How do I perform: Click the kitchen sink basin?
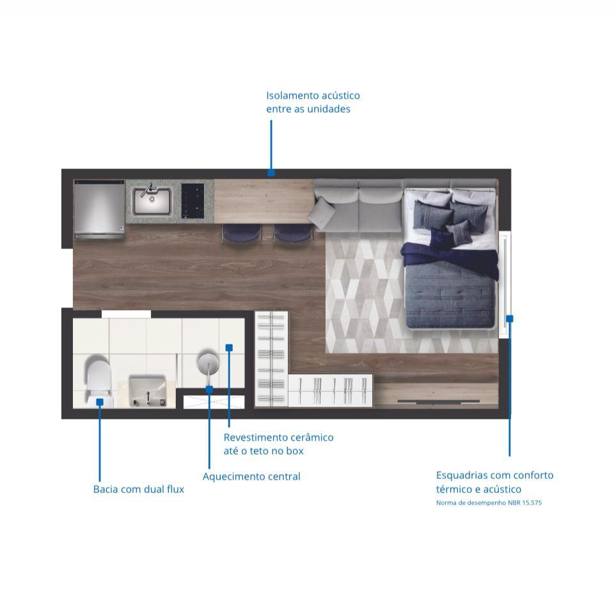152,201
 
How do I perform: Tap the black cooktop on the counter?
193,200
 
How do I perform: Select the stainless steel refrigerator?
99,209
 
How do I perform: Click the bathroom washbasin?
148,391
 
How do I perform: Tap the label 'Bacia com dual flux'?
139,489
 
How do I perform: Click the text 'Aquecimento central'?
251,476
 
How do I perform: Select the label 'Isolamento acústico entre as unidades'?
313,102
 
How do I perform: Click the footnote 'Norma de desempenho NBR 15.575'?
489,503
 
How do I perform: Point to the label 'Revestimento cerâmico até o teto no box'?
278,444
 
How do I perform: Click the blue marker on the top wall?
271,172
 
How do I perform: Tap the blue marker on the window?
510,319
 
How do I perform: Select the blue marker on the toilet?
100,401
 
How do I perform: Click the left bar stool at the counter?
241,234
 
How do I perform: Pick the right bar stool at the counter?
293,234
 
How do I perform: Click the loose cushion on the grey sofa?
322,213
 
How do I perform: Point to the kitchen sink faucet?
148,190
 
